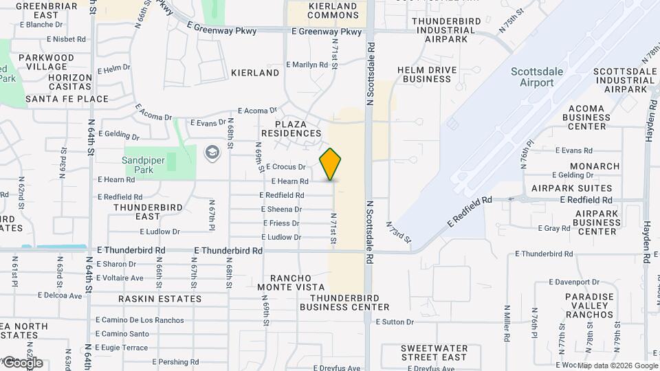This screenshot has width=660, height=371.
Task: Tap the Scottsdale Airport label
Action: (x=532, y=78)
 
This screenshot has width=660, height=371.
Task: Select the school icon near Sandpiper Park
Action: (x=212, y=151)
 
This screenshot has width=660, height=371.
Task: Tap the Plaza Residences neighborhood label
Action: (x=291, y=128)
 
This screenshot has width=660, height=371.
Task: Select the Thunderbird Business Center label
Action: (x=349, y=302)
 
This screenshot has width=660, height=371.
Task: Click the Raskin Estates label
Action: (x=160, y=299)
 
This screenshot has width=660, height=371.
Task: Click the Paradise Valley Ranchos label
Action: (x=589, y=306)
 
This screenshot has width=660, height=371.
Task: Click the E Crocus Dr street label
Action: (x=285, y=167)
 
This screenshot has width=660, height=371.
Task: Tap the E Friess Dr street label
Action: (x=281, y=223)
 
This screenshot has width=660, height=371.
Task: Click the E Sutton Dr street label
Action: (x=395, y=322)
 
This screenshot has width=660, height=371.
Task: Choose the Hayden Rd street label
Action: (x=648, y=124)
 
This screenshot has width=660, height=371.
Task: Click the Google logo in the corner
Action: (x=22, y=362)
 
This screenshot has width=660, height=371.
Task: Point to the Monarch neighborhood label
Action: (x=595, y=166)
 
